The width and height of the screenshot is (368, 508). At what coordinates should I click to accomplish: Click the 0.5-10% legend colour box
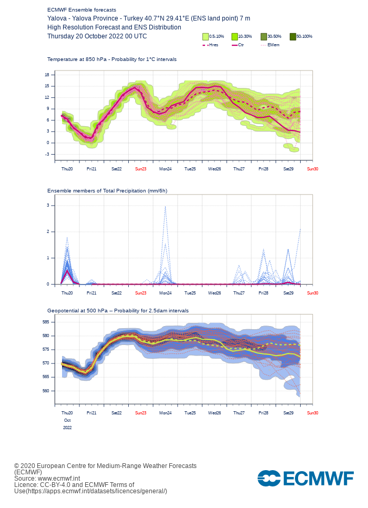click(x=206, y=37)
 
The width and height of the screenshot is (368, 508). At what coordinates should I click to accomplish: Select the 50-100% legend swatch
click(x=293, y=37)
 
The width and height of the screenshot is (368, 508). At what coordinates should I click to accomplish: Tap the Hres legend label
click(x=214, y=45)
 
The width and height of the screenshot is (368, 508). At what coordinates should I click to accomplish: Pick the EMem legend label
click(x=273, y=45)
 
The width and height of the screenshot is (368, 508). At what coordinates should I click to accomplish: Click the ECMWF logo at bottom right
click(x=305, y=478)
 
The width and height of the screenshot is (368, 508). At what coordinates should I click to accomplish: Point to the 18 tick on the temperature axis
click(x=47, y=75)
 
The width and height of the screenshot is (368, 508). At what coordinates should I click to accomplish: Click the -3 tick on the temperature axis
click(x=47, y=154)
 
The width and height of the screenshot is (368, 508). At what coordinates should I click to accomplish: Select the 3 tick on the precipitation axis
click(x=48, y=206)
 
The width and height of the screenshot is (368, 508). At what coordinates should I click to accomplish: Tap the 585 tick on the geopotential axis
click(x=46, y=322)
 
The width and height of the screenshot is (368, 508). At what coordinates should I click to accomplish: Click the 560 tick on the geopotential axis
click(x=46, y=391)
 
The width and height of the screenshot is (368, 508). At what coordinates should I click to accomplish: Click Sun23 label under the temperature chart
click(x=140, y=169)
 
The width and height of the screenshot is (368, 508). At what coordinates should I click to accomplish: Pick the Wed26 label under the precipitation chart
click(x=214, y=293)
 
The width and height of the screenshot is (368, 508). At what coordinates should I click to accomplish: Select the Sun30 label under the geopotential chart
click(x=313, y=413)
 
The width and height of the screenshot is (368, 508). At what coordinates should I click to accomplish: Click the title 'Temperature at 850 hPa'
click(x=77, y=59)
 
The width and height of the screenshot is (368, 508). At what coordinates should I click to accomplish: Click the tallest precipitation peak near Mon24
click(x=165, y=206)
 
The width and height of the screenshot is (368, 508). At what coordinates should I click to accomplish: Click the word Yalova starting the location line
click(x=57, y=18)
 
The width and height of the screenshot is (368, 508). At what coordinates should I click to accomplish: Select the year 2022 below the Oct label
click(x=67, y=428)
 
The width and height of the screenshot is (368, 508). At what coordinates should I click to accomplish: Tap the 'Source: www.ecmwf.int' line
click(x=47, y=479)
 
